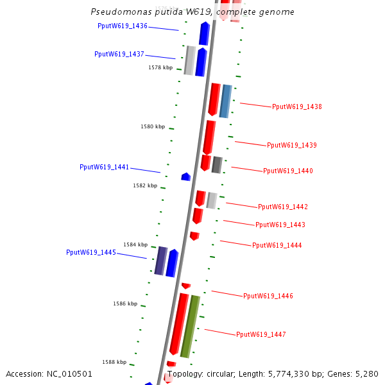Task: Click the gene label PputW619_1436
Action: click(123, 26)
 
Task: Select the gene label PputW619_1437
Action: click(119, 55)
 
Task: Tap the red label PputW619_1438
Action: click(297, 107)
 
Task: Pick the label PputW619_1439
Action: click(292, 146)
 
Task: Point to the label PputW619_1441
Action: click(104, 167)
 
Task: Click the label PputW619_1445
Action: click(91, 253)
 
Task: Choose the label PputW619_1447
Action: click(261, 335)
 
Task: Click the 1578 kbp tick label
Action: click(160, 67)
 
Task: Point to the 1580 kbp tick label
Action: click(153, 127)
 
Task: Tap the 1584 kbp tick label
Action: click(135, 245)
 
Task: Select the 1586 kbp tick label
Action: click(125, 304)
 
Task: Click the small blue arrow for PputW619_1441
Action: click(186, 176)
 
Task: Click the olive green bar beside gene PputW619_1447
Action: click(190, 326)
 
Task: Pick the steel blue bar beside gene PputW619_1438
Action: click(225, 101)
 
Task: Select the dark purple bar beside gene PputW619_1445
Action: click(160, 261)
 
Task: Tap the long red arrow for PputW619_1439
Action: click(209, 137)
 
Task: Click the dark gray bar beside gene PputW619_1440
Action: click(217, 165)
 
